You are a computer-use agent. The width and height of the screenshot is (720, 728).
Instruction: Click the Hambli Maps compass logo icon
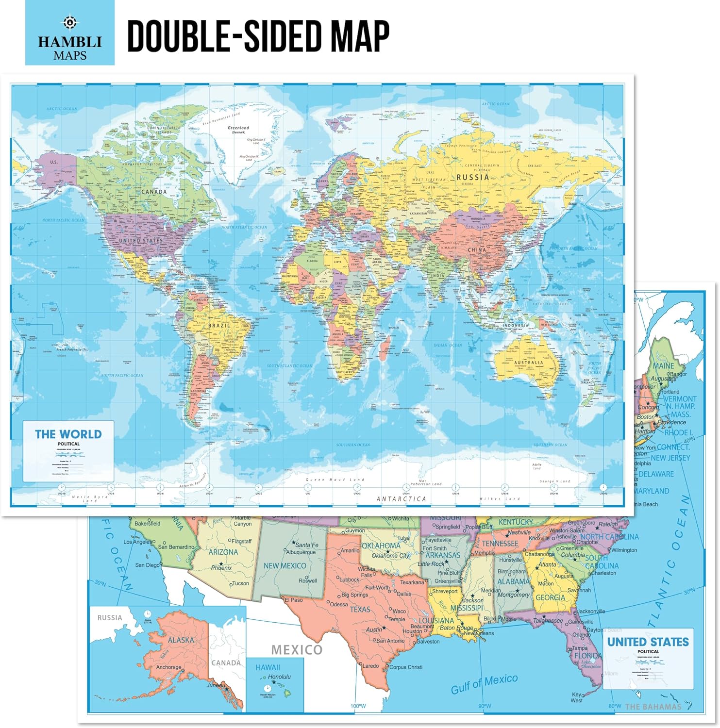point(70,22)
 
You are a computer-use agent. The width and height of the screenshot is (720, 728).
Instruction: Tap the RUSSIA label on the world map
point(472,177)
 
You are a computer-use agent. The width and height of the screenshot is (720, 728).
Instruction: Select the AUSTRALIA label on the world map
point(529,363)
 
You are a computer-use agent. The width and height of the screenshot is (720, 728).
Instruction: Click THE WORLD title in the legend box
point(68,434)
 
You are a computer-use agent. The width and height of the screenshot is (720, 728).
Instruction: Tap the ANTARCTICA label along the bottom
point(401,499)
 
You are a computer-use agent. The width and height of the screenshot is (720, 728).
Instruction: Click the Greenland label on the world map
point(238,128)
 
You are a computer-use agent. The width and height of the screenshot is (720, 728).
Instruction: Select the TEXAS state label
point(360,609)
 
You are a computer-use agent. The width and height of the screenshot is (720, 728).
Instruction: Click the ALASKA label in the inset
point(181,640)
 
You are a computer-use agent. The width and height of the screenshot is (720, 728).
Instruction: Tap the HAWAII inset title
point(268,667)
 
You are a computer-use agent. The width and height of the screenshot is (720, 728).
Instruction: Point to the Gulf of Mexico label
point(484,683)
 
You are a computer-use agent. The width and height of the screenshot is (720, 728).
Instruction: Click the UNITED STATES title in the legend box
point(648,642)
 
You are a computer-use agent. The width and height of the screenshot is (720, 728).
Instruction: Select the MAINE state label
point(663,366)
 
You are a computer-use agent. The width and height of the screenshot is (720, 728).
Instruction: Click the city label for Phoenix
point(221,567)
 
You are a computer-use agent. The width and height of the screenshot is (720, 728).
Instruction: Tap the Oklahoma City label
point(390,556)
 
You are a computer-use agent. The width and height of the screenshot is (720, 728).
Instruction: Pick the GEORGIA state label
point(550,598)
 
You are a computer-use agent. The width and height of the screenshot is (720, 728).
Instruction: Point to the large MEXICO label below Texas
point(296,650)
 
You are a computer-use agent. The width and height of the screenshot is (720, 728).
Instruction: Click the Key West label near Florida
point(577,697)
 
